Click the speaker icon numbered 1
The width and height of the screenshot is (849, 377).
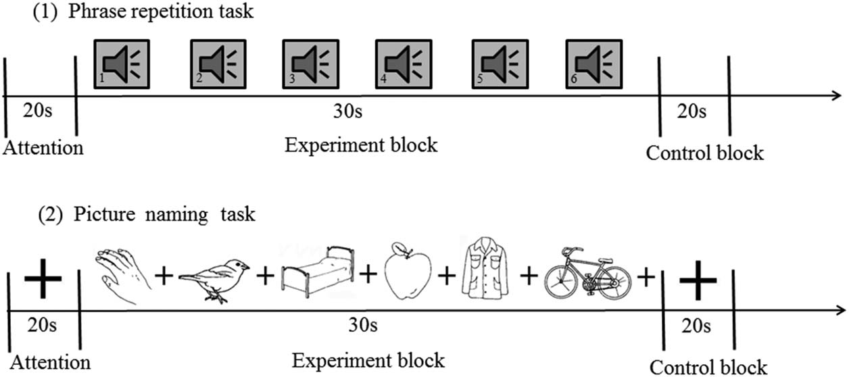point(121,64)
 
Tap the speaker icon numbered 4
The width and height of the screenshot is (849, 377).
point(403,64)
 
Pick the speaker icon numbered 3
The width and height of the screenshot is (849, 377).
point(310,64)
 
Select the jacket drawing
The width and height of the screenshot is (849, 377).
point(485,274)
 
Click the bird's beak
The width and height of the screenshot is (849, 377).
point(247,266)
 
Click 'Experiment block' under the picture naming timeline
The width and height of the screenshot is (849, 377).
point(368,359)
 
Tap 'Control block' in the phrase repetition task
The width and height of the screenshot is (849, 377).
point(705,153)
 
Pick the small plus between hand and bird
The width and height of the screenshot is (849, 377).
point(162,275)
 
